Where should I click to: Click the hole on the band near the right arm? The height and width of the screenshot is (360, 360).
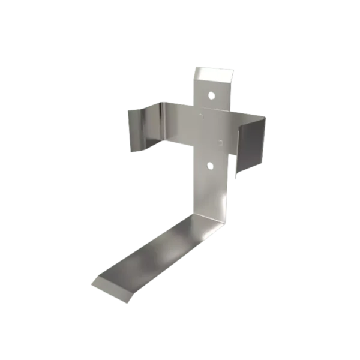221,142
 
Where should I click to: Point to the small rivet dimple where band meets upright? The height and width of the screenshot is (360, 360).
202,110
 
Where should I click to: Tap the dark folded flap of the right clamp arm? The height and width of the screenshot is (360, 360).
251,144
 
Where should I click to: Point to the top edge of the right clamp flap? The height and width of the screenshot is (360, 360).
252,120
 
